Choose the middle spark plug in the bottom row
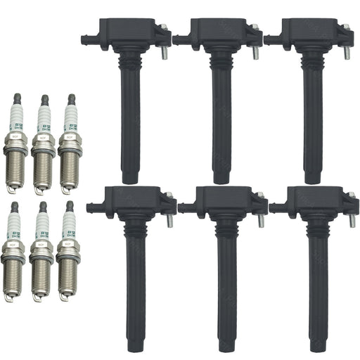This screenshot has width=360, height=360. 40,253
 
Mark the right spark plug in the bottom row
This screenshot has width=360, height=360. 67,253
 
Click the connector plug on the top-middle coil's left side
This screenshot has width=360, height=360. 178,40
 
